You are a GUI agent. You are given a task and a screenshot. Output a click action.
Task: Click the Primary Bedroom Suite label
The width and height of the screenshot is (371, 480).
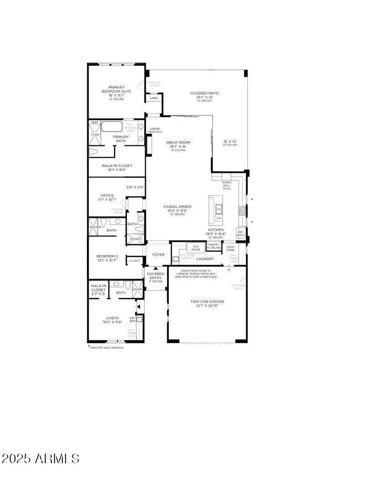(116, 90)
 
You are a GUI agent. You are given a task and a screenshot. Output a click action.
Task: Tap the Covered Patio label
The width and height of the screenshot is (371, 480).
(205, 93)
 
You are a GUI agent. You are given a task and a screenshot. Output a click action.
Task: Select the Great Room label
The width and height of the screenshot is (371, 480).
(178, 143)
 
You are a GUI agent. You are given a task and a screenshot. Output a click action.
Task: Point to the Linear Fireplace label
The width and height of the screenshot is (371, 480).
(155, 130)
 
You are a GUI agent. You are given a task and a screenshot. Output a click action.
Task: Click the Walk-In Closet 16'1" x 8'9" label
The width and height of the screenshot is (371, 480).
(117, 165)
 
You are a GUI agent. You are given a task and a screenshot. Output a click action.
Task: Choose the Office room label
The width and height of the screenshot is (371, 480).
(107, 195)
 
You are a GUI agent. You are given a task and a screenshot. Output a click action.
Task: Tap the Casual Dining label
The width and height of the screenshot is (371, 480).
(177, 206)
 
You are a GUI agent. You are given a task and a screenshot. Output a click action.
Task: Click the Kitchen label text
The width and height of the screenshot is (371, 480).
(216, 230)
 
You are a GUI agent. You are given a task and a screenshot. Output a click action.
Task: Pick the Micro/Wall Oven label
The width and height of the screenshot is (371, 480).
(226, 185)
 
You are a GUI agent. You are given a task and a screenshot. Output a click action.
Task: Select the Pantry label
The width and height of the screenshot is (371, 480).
(214, 245)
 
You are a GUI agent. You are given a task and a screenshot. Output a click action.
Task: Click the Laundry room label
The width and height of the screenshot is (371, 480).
(205, 259)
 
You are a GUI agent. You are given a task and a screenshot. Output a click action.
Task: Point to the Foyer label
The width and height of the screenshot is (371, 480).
(158, 255)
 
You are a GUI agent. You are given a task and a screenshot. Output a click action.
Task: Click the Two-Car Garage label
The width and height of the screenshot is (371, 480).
(207, 301)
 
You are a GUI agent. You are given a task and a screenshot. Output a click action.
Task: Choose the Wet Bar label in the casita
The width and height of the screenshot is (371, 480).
(133, 319)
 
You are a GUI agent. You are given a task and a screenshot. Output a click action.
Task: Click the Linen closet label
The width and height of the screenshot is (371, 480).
(154, 98)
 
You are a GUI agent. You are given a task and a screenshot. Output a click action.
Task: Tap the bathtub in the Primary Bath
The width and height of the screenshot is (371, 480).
(112, 126)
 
